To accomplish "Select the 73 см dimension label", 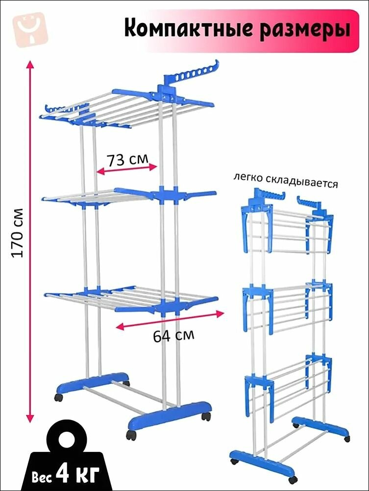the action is [x=127, y=160].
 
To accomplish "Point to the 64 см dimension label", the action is [x=173, y=335].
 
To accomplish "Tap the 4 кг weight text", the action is [x=77, y=475].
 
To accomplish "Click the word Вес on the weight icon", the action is [x=42, y=477].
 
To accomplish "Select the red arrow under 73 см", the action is [x=126, y=169].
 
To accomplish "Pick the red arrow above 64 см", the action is [x=170, y=320].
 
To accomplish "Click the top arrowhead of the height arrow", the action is [x=30, y=65].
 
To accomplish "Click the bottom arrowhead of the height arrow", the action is [x=30, y=419].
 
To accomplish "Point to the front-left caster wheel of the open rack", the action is [x=59, y=397].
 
